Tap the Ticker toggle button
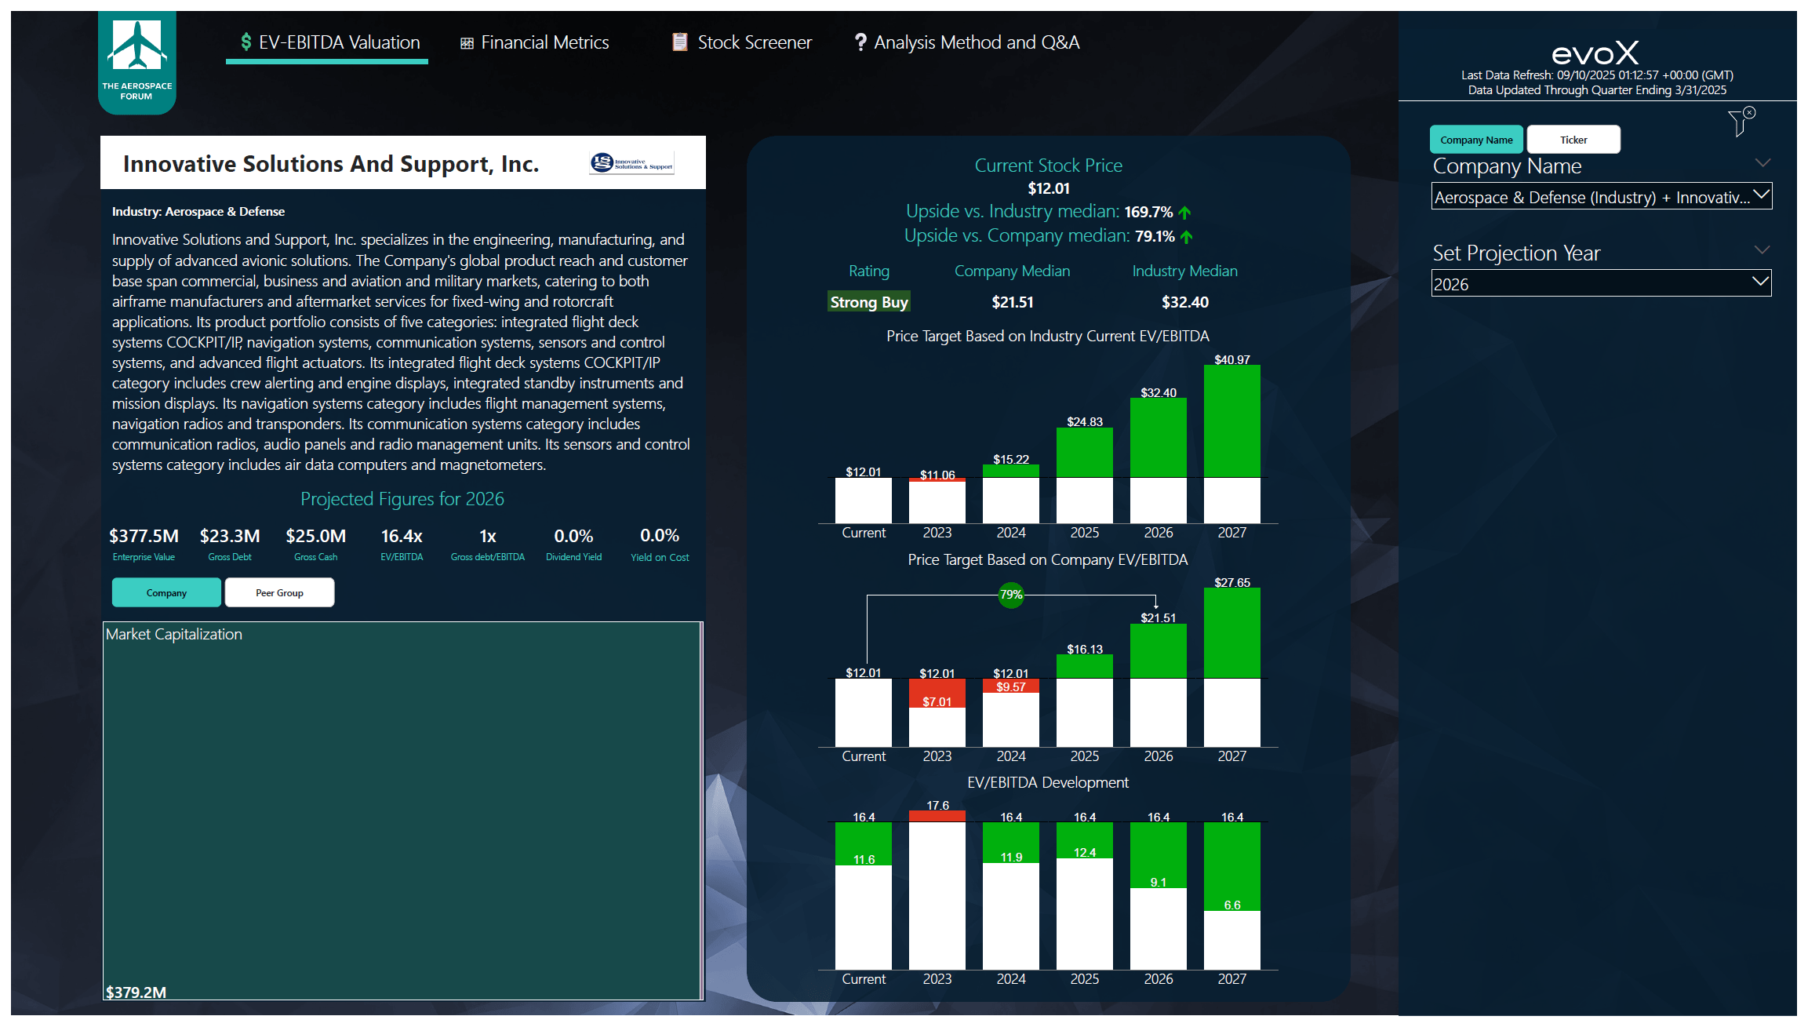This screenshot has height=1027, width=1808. (1573, 140)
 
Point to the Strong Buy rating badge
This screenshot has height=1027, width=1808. (868, 302)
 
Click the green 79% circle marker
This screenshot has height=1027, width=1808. (1010, 595)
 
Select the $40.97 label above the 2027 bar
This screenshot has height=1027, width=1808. (1231, 359)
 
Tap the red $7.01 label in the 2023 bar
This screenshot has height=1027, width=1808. (937, 701)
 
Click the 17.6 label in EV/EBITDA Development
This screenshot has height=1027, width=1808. (937, 805)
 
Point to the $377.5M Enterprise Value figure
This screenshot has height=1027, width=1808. (144, 536)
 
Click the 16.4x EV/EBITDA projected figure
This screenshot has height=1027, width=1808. (402, 536)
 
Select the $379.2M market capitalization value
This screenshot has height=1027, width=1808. (136, 992)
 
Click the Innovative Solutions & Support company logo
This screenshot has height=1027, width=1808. (631, 163)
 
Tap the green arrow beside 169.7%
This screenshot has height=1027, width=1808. (1185, 213)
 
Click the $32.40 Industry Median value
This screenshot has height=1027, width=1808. (1184, 302)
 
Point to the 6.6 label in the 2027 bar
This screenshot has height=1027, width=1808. (1231, 905)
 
